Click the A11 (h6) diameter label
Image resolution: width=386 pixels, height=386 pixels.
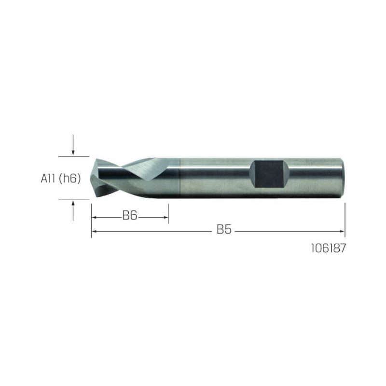coord(61,179)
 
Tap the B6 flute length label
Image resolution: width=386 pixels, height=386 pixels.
coord(130,216)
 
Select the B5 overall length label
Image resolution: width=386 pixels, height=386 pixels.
coord(224,230)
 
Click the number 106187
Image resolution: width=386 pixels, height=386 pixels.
coord(329,248)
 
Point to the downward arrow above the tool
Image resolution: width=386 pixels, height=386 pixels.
coord(73,145)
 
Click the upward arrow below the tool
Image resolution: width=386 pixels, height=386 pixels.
coord(73,211)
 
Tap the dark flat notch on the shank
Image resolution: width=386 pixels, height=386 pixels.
coord(269,174)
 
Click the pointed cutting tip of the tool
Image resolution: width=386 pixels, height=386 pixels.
coord(91,178)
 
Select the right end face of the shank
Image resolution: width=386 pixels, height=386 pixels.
coord(343,178)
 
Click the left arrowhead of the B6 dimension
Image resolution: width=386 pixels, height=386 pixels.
coord(94,218)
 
